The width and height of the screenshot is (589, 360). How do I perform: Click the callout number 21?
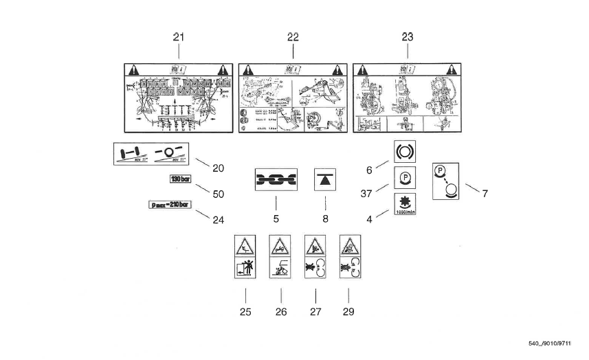click(x=179, y=37)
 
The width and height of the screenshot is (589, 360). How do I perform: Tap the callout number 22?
click(x=293, y=37)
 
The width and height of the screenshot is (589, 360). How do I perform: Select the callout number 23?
click(x=407, y=37)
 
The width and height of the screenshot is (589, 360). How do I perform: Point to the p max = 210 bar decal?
click(x=169, y=205)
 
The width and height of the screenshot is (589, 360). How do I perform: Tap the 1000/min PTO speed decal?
click(x=402, y=204)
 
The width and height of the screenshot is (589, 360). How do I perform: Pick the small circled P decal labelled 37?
click(x=401, y=178)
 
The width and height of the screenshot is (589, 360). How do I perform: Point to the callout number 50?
click(x=219, y=194)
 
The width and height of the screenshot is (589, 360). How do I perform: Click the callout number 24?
click(x=219, y=221)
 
